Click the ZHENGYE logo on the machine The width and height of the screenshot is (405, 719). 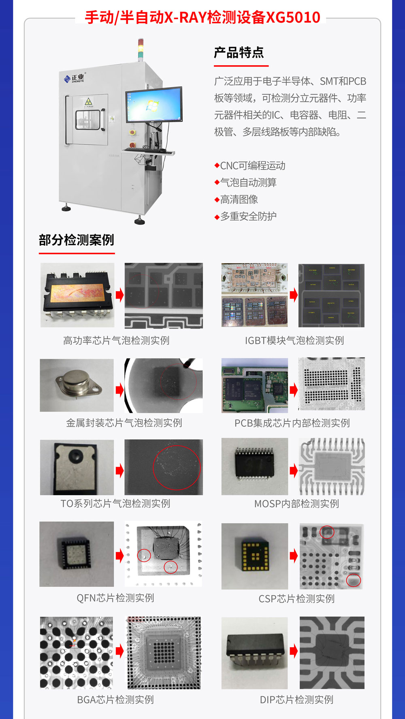[x=74, y=78]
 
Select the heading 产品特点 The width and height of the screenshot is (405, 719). [x=239, y=53]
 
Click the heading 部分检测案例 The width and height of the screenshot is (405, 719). [x=77, y=240]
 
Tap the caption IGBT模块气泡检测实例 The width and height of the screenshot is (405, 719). [x=294, y=341]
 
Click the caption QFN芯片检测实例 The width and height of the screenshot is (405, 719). [x=115, y=598]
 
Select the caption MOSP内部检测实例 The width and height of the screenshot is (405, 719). [x=296, y=504]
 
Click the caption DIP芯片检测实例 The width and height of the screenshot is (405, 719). [x=296, y=700]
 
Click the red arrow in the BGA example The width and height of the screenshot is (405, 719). [x=119, y=651]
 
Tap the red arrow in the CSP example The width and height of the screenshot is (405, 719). [x=294, y=556]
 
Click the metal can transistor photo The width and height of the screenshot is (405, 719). [x=77, y=385]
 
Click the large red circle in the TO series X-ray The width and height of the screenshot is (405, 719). [x=177, y=468]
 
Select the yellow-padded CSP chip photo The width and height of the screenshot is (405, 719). [x=255, y=556]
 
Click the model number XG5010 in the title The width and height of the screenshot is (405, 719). [x=293, y=17]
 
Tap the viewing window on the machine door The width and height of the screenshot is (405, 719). [x=87, y=120]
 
